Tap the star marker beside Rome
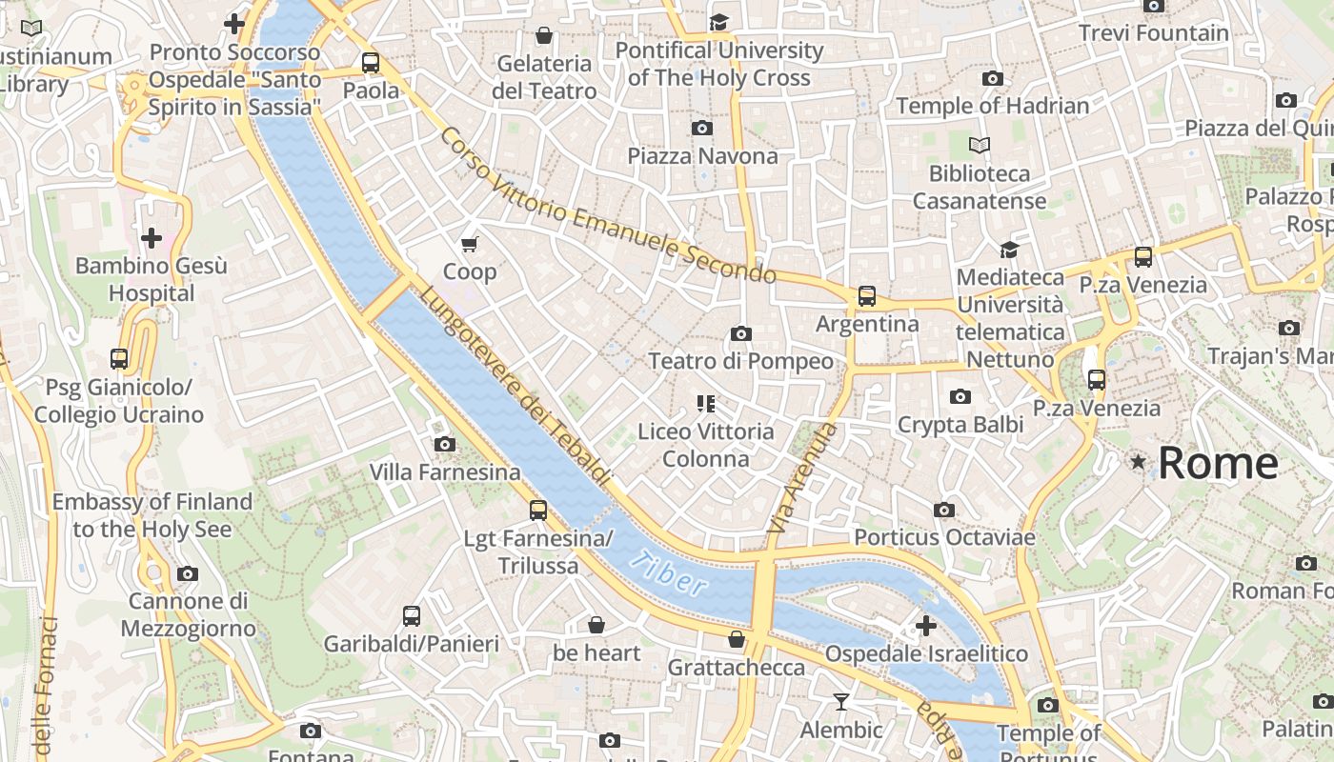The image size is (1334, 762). coord(1138,462)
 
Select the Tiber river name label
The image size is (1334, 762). coord(673,574)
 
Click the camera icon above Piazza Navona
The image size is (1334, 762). coord(702,128)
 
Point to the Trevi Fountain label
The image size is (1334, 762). coord(1154,33)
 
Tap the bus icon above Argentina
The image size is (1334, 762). coord(866,296)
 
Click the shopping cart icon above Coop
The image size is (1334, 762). coord(469,245)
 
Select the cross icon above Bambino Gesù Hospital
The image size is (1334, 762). coord(151,238)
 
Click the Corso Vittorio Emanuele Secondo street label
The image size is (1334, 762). coord(607,206)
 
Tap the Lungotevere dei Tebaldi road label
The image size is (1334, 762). coord(514,384)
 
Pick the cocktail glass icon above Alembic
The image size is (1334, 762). coord(840,702)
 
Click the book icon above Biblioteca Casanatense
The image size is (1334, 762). coord(979,146)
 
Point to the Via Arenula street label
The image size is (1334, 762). coord(801,478)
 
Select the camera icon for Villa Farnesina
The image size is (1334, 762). coord(444,444)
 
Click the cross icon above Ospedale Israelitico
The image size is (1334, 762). coord(925,626)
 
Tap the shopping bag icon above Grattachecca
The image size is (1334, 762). coord(736,639)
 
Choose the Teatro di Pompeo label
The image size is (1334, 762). coord(740,362)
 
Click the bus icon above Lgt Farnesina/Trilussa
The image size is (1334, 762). coord(538,511)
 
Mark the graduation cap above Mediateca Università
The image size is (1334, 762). coord(1009,250)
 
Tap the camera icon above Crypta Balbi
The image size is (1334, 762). coord(960,396)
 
